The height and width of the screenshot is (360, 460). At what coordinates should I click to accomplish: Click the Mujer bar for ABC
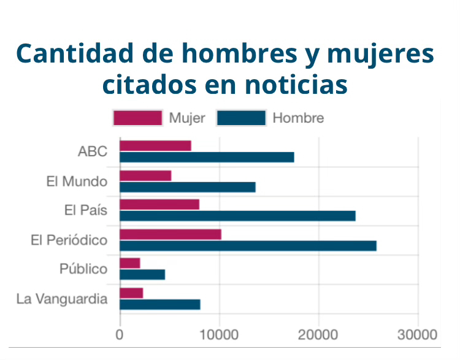click(155, 145)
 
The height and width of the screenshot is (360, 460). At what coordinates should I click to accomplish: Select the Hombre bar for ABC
click(207, 157)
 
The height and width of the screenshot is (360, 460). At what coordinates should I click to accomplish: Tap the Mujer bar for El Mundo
click(145, 175)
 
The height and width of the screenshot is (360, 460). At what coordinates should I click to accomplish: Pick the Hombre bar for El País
click(237, 216)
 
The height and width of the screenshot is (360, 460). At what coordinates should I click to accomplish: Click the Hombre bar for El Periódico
click(248, 245)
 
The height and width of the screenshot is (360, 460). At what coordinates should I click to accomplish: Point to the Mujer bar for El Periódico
click(170, 234)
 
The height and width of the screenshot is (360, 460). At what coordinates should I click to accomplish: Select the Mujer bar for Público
click(130, 263)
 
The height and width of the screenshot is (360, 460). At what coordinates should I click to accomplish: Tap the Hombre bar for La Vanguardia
click(160, 304)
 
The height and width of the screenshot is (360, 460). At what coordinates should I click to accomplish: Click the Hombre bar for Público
click(142, 275)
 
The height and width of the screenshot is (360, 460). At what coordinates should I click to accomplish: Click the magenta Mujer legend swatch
click(137, 118)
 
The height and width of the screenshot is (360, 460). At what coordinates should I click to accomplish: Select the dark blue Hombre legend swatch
click(241, 118)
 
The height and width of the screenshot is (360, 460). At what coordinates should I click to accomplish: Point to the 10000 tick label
click(219, 335)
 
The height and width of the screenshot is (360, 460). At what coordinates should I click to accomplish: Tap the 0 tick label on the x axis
click(120, 335)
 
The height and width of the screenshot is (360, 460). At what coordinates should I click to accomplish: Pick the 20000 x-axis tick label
click(318, 335)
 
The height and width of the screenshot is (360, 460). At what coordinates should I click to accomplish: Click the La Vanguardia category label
click(62, 299)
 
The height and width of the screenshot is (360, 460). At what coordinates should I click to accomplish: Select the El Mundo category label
click(77, 182)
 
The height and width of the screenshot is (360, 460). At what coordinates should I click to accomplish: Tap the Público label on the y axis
click(83, 269)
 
